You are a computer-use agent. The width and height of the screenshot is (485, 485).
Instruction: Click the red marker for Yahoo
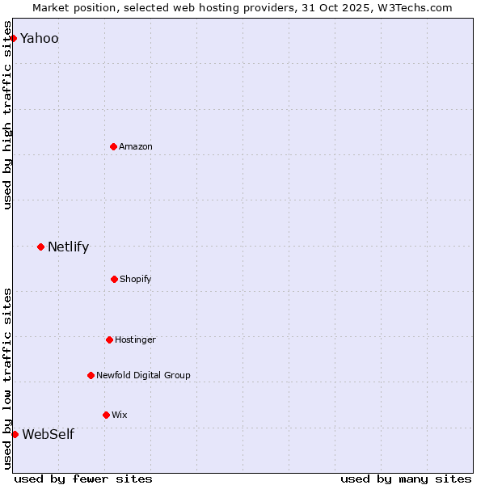[13, 39]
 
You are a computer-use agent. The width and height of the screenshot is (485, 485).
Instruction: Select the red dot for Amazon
[113, 146]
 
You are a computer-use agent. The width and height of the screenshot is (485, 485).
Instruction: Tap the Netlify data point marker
[40, 247]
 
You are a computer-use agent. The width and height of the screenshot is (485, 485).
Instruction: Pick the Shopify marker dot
[114, 279]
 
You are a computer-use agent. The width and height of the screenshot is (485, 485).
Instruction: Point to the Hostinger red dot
[109, 339]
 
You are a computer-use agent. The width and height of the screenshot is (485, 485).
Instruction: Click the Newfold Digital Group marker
[91, 375]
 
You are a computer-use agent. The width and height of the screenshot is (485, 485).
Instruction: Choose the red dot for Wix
[106, 415]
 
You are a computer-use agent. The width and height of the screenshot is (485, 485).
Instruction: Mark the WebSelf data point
[15, 434]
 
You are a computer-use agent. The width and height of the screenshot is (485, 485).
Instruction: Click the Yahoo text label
[39, 39]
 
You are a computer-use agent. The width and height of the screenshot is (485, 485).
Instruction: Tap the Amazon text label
[136, 146]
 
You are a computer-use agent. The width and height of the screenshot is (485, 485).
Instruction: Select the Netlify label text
[68, 247]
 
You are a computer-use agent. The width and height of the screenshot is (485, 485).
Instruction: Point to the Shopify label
[135, 279]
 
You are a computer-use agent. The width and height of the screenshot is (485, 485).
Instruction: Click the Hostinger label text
[135, 339]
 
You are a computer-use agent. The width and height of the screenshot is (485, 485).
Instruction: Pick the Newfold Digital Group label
[143, 375]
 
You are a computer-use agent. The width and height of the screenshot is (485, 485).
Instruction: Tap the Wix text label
[119, 415]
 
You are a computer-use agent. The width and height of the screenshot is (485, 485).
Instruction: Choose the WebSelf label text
[48, 435]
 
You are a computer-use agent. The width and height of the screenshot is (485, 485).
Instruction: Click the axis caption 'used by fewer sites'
[83, 479]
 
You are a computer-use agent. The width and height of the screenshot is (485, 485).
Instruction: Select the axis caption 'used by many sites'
[406, 479]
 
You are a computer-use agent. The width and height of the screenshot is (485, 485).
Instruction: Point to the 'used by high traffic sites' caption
[8, 121]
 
